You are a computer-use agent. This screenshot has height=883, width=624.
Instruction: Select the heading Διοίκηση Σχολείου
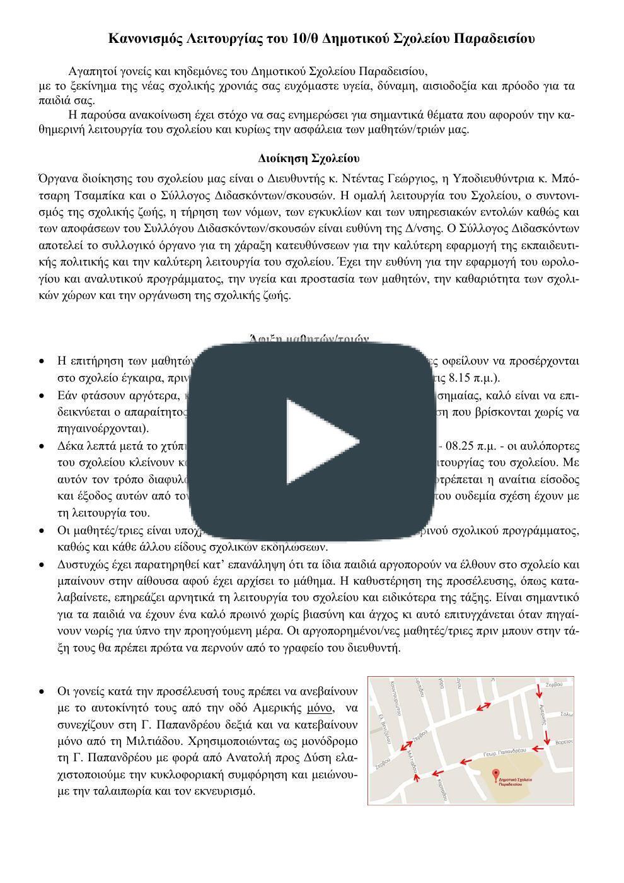coord(309,158)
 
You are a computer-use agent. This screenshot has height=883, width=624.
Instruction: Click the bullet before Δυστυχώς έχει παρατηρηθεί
coord(42,565)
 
